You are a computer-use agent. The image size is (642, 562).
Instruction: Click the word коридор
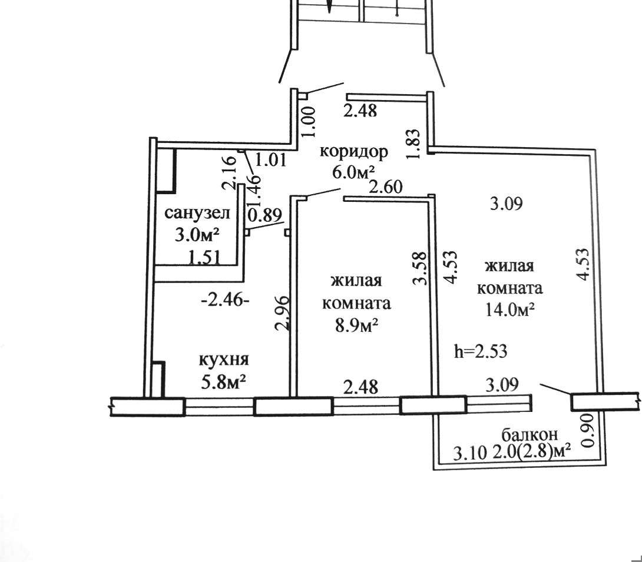(353, 152)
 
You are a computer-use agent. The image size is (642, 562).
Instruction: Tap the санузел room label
(197, 213)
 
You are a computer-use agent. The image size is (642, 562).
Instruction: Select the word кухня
(224, 360)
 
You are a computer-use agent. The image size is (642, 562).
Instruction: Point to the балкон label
(530, 434)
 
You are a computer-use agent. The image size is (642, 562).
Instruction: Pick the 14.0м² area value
(509, 310)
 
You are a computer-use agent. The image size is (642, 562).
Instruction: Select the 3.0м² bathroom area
(197, 235)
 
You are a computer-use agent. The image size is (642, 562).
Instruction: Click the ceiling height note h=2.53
(481, 351)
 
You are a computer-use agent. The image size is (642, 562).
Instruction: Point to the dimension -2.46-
(225, 301)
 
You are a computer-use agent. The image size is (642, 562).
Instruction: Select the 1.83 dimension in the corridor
(413, 145)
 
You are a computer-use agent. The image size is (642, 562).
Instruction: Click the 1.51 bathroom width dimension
(204, 258)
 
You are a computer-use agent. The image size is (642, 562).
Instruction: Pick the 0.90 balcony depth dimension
(587, 431)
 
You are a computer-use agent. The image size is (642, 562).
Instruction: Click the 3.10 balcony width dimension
(470, 453)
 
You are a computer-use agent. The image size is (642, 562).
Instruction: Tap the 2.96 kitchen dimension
(283, 313)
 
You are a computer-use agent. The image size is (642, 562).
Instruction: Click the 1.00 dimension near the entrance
(310, 122)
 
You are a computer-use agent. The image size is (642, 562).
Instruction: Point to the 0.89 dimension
(264, 214)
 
